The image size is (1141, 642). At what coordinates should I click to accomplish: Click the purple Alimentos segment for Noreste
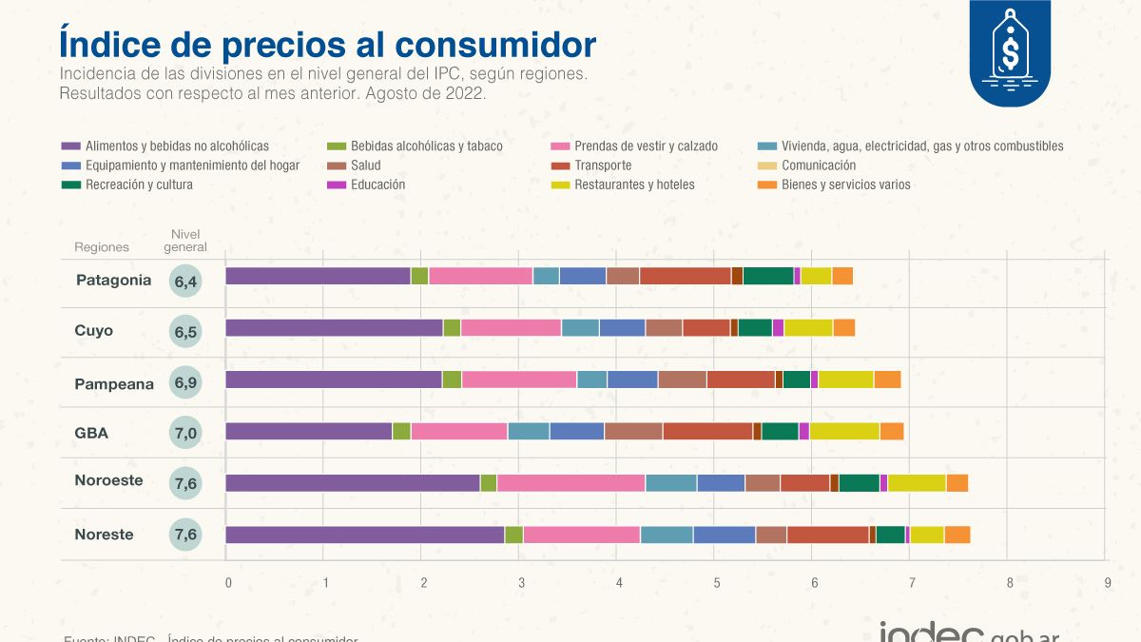tap(364, 535)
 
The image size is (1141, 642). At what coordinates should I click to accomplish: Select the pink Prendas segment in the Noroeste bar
tap(570, 483)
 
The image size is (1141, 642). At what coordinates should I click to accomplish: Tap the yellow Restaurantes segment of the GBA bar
tap(844, 432)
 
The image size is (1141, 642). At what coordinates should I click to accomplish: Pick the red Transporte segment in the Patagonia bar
tap(685, 276)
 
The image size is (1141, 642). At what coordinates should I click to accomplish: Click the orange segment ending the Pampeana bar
tap(887, 379)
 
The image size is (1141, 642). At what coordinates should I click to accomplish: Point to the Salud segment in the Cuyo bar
tap(664, 328)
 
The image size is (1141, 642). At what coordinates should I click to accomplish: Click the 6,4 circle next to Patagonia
tap(185, 281)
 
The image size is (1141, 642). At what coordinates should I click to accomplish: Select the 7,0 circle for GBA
tap(185, 433)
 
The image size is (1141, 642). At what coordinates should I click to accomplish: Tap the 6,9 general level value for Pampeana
tap(185, 383)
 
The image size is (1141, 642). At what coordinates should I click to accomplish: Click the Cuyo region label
tap(94, 331)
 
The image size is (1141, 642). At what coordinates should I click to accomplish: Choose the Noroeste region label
tap(108, 480)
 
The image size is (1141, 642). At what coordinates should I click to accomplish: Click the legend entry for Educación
tap(377, 185)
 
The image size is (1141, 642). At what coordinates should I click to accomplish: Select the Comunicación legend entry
tap(818, 165)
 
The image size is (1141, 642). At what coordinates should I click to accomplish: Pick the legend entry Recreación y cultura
tap(139, 185)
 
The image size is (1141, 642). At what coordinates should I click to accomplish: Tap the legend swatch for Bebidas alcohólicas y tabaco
tap(337, 146)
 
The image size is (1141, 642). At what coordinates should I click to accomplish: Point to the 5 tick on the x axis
tap(718, 582)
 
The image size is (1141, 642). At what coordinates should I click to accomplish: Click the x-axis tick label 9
tap(1107, 582)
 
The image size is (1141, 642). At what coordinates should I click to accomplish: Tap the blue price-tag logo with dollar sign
tap(1009, 52)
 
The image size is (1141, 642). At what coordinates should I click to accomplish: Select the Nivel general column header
tap(184, 241)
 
